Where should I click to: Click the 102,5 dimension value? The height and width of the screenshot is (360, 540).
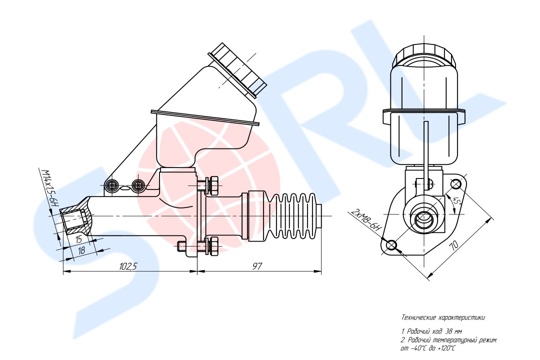pyautogui.click(x=128, y=266)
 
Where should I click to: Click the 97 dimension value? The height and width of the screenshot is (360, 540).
pyautogui.click(x=257, y=266)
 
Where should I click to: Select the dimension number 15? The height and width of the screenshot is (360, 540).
pyautogui.click(x=79, y=238)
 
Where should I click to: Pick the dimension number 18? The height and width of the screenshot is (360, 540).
pyautogui.click(x=81, y=250)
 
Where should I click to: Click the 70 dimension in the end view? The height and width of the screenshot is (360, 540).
pyautogui.click(x=454, y=245)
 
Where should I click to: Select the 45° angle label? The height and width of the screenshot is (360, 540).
pyautogui.click(x=456, y=201)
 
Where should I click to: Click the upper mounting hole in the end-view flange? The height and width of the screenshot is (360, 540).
pyautogui.click(x=456, y=184)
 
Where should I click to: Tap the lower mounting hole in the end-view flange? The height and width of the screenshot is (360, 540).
pyautogui.click(x=391, y=245)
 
